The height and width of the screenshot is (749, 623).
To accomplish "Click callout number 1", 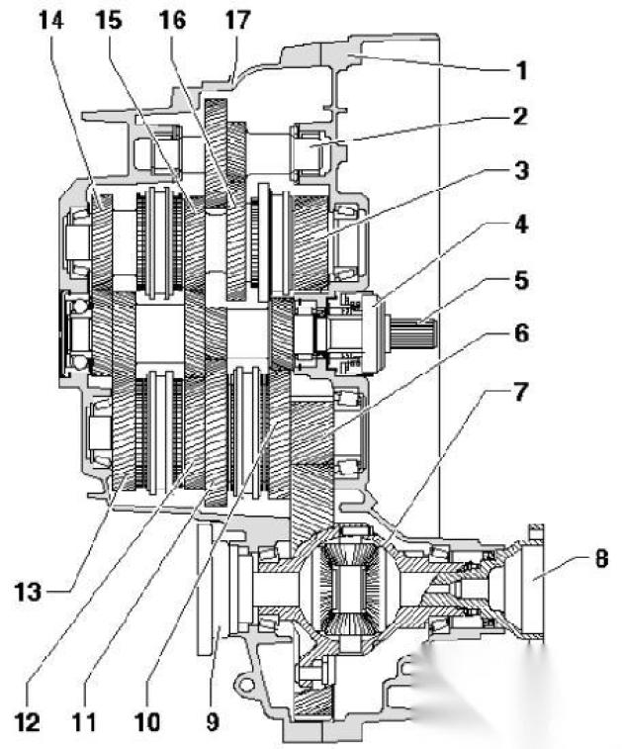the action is [522, 70].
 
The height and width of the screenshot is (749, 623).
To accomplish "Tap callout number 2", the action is [520, 117].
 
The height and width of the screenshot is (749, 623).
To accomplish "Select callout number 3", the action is [521, 170].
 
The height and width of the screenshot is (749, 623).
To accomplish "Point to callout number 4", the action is [521, 225].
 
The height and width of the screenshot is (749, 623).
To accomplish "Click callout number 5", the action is [521, 280].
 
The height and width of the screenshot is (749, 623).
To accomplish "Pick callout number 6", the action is [521, 332].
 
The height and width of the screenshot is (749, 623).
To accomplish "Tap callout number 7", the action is [520, 392].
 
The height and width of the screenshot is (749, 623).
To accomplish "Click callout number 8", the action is [601, 558].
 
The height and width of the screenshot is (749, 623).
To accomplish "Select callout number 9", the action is [213, 722].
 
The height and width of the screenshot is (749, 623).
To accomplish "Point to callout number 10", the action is [147, 722].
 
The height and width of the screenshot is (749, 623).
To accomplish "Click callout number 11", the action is [84, 722].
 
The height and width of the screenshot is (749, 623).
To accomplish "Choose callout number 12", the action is [27, 722].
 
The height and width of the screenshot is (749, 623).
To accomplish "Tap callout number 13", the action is [28, 593].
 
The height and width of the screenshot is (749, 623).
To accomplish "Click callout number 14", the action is [51, 20].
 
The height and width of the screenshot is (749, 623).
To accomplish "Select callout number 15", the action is [109, 20].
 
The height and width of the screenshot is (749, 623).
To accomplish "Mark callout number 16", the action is [172, 20].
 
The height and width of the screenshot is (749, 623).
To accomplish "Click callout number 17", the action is [236, 20].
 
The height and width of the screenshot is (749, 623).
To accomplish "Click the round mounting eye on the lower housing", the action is [245, 684].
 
